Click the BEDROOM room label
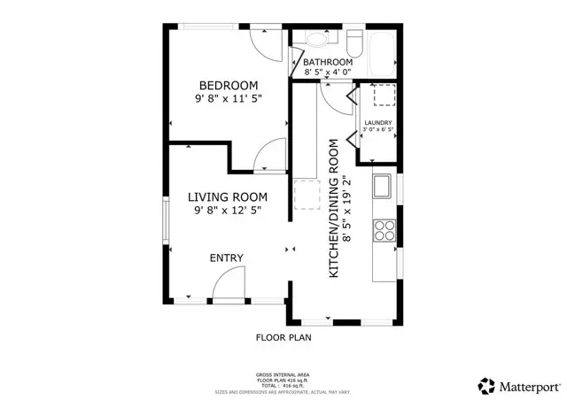(228, 86)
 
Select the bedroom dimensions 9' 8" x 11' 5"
(228, 100)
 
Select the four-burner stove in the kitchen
(384, 230)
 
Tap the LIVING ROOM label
(227, 196)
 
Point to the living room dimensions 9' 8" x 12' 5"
(227, 211)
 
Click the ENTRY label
(226, 258)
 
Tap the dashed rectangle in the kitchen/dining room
(306, 194)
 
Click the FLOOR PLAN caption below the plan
(283, 337)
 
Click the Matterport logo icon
(486, 386)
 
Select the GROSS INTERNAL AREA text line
(283, 375)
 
